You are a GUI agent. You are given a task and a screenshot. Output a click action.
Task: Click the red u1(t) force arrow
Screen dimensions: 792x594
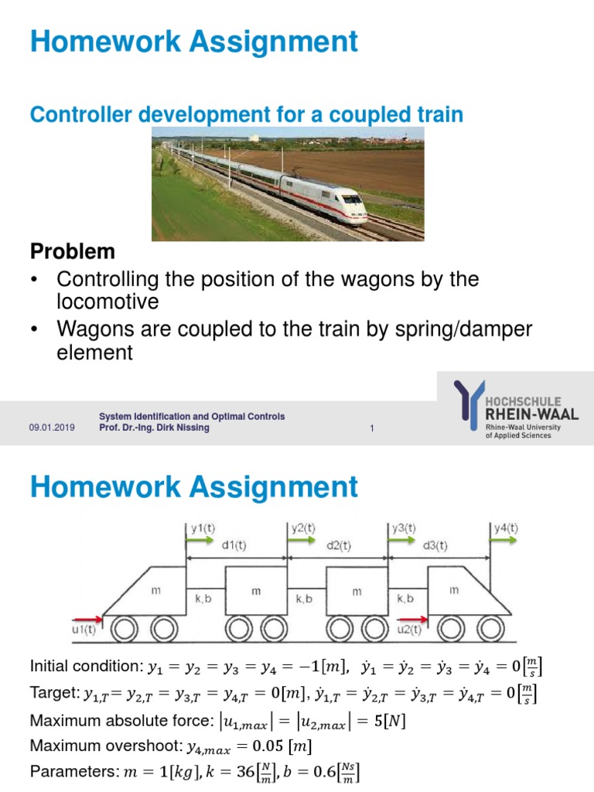coord(87,618)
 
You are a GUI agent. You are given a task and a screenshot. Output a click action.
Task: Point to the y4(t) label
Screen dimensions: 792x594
coord(506,529)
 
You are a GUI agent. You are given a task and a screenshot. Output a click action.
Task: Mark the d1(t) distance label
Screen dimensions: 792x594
coord(235,545)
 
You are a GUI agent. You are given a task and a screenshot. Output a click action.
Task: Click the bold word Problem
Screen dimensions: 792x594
coord(72,251)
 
